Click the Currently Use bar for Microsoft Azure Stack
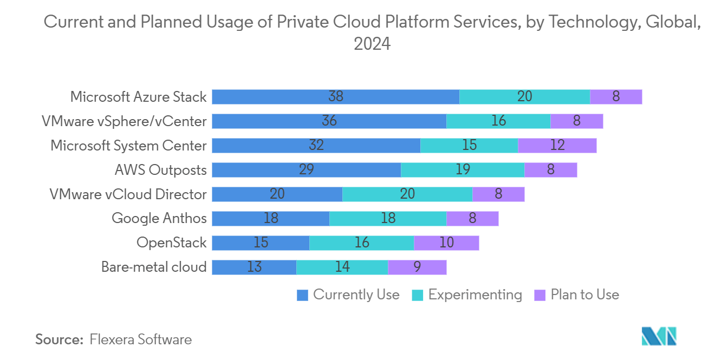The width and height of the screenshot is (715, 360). coord(335,97)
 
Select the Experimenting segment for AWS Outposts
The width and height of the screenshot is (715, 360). coord(463,170)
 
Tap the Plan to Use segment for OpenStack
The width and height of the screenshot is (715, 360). coord(446,243)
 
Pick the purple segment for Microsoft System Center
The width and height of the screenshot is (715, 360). coord(557,146)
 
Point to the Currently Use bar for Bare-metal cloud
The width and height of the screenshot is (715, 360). coord(254,267)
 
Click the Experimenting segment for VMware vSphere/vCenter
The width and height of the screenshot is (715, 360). coord(498,121)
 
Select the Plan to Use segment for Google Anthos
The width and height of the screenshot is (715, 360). coord(472,219)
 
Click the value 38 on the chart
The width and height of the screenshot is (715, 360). coord(336,97)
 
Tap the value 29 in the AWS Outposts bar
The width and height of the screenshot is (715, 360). coord(307,170)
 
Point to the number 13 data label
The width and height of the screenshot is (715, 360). coord(254,267)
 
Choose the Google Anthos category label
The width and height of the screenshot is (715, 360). coord(159,218)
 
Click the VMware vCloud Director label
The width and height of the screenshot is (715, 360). coord(128,194)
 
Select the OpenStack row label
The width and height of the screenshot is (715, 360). coord(172,243)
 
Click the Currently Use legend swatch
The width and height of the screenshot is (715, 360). coord(303,295)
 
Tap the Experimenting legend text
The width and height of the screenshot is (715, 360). coord(475,295)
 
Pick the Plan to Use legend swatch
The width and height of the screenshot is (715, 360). coord(540,295)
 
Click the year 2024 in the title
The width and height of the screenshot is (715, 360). coord(372,44)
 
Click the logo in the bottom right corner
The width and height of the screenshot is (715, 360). coord(659,337)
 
